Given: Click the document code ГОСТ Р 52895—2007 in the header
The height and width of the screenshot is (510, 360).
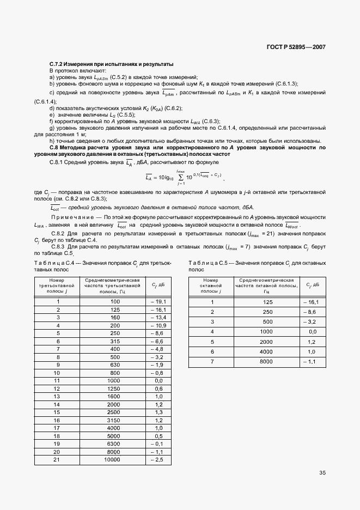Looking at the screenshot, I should pos(296,47).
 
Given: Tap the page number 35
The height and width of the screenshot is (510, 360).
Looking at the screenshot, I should pos(322,472).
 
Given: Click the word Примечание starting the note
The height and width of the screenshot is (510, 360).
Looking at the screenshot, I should pos(68,217).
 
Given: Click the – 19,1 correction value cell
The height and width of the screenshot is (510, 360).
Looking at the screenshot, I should pos(158,301).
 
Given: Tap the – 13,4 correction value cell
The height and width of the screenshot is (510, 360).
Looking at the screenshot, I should pos(158,317).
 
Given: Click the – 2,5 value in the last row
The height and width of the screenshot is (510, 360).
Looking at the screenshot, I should pos(158,460).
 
